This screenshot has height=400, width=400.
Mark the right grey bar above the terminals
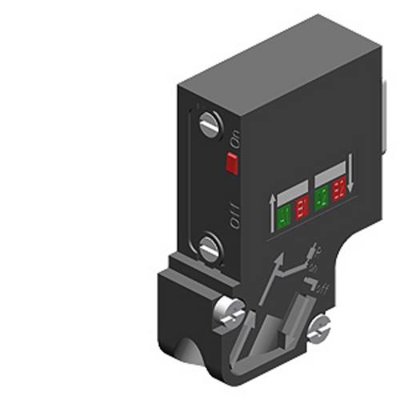tap(331, 172)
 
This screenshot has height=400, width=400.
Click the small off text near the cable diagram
tap(323, 286)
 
